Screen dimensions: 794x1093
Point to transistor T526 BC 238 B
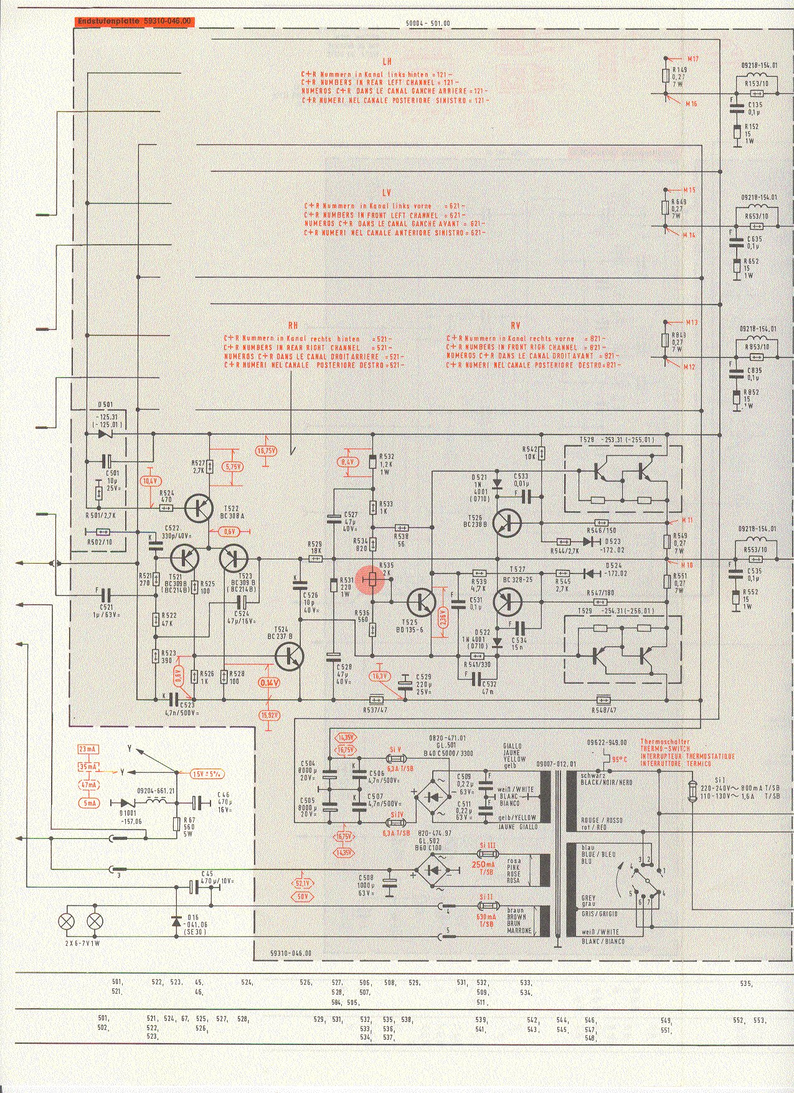click(x=508, y=524)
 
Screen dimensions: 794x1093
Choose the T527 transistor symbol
click(x=508, y=602)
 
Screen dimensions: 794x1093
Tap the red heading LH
click(x=387, y=62)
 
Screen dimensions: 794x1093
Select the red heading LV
click(x=387, y=193)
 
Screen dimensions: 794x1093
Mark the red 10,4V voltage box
click(x=150, y=481)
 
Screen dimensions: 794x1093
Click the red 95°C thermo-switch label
click(x=619, y=760)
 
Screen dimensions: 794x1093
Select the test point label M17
click(x=692, y=59)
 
